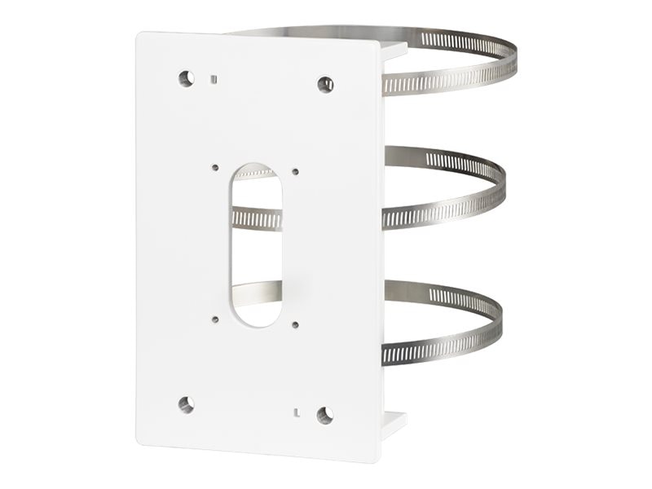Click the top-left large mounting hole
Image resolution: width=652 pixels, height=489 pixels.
[187, 78]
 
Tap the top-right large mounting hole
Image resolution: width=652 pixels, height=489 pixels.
[325, 84]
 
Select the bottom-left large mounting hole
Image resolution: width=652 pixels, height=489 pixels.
[186, 403]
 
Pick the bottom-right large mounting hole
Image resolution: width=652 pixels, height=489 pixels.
[325, 415]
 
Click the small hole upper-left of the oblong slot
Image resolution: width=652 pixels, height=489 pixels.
[215, 168]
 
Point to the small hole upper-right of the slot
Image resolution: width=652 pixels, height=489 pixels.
[295, 172]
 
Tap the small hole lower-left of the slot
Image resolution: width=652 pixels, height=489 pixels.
[215, 319]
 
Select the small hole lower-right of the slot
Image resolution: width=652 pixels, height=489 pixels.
[294, 324]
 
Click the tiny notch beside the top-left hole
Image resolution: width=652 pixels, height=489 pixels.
[212, 79]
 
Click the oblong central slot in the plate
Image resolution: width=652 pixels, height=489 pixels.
[256, 244]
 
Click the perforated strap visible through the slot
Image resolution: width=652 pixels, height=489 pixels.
[256, 218]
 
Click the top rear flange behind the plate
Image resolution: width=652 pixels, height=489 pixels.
[394, 51]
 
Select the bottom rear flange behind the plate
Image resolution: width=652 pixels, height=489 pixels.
[393, 424]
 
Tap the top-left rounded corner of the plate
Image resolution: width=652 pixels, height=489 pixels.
[140, 36]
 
